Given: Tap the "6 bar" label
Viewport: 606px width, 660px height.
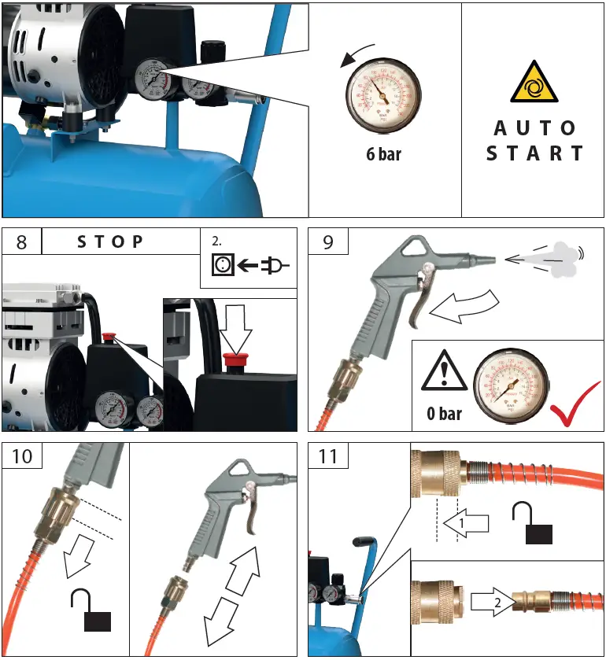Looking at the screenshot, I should coord(383,154).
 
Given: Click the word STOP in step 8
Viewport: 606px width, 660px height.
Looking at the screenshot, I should coord(111,242).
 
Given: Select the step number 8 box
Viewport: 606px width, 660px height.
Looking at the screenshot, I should coord(21,242).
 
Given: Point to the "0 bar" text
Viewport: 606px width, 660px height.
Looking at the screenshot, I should coord(445,412).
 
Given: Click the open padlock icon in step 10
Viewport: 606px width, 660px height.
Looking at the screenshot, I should coord(91,612).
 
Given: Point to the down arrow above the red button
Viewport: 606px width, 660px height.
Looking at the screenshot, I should coord(235,328).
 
